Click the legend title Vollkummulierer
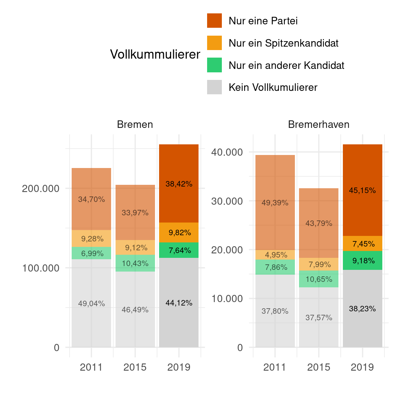click(x=155, y=54)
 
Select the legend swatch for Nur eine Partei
click(x=214, y=21)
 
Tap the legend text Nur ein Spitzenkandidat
click(x=283, y=43)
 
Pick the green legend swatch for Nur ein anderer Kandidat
click(x=214, y=65)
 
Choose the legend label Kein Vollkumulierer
click(x=273, y=87)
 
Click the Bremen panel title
click(x=135, y=124)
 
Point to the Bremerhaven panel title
click(x=319, y=124)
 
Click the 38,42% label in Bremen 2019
click(x=179, y=184)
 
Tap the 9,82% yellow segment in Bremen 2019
click(x=179, y=232)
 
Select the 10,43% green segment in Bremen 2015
click(x=135, y=263)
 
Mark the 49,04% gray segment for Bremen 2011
click(x=91, y=303)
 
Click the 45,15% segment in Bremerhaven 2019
click(x=362, y=190)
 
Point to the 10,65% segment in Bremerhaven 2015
click(x=319, y=279)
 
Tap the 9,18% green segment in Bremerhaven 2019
click(x=363, y=261)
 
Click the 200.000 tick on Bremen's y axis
click(x=40, y=189)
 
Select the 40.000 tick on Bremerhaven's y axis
click(x=227, y=152)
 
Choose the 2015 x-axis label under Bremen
click(x=135, y=367)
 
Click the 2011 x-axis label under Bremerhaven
click(x=275, y=367)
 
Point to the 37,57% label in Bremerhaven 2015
click(x=319, y=318)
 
